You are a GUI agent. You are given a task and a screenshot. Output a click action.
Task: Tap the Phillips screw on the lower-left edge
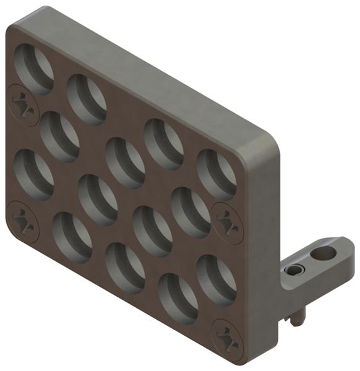click(x=24, y=220)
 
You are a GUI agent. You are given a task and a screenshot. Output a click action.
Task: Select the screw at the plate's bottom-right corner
click(x=228, y=338)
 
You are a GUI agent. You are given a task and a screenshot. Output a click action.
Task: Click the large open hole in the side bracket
click(x=321, y=253)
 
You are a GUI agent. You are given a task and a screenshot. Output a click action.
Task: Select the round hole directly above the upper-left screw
click(x=35, y=67)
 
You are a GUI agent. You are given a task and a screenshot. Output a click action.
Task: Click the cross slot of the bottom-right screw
click(x=228, y=338)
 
